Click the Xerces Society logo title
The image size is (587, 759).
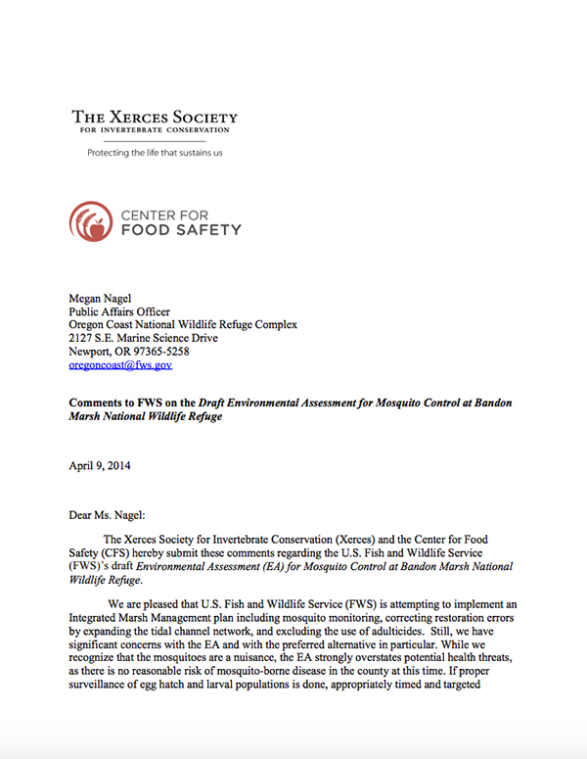[x=155, y=118]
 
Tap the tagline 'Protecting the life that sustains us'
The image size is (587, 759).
[x=155, y=153]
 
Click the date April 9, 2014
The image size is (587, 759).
[x=100, y=466]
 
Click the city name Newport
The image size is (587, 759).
[x=90, y=351]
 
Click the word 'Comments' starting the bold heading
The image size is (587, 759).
[x=98, y=403]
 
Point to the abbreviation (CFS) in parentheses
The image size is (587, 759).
[x=114, y=552]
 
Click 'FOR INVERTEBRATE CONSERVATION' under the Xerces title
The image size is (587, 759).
[x=155, y=130]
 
